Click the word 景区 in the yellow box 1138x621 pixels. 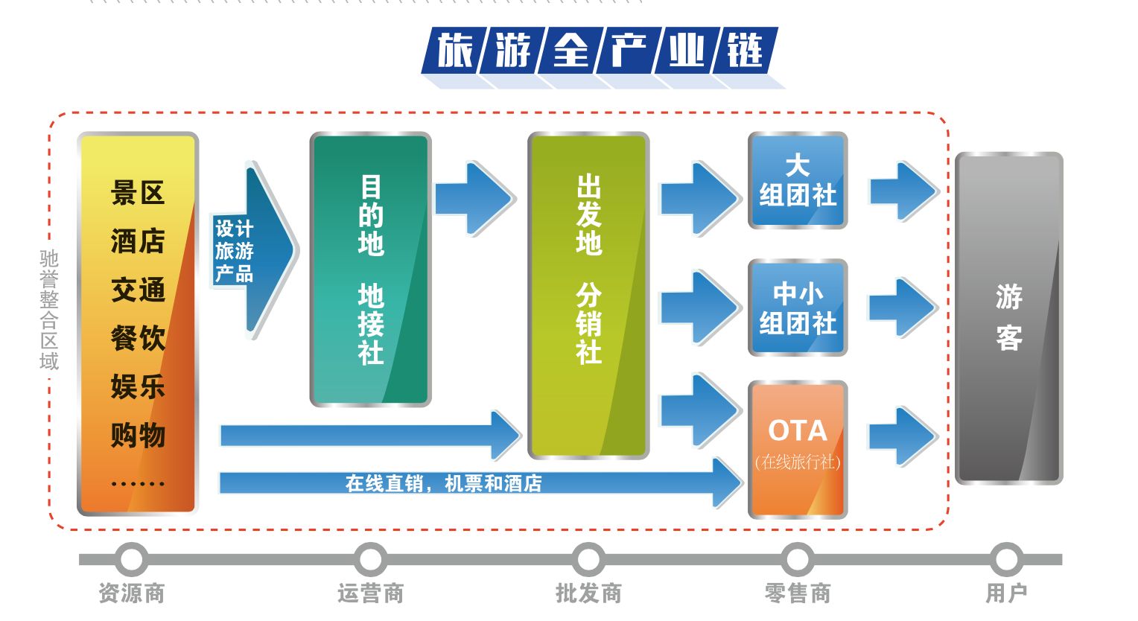pos(138,193)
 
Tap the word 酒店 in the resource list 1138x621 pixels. pos(138,241)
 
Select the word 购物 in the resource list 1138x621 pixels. pos(138,435)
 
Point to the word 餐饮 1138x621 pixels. pos(138,338)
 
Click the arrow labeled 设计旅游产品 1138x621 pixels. pos(253,250)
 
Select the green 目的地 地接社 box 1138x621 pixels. pos(370,270)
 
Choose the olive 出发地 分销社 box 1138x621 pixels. pos(588,295)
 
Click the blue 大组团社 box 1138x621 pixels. pos(798,180)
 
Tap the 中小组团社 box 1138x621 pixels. pos(798,308)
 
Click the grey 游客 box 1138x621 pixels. pos(1008,318)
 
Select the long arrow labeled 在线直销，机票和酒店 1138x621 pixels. pos(477,483)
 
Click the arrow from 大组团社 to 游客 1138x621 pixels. pos(902,191)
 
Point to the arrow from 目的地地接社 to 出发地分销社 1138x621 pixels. pos(474,198)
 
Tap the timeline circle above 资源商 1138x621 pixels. pos(132,559)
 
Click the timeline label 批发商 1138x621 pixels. pos(588,593)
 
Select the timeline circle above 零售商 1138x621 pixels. pos(798,559)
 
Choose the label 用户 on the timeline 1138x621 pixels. pos(1006,593)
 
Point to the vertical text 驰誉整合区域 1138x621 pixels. pos(49,310)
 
